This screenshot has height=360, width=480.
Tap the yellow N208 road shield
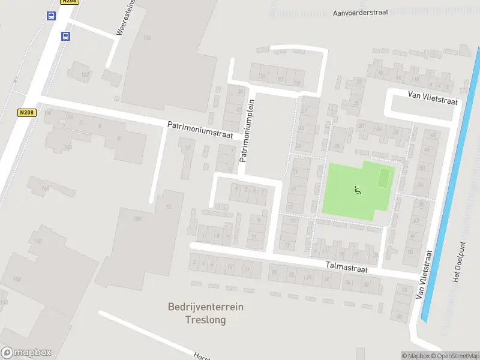coord(27,112)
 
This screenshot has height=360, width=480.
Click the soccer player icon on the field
coord(357,191)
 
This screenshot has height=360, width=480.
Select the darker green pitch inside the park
coord(384,177)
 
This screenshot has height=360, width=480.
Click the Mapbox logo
coord(26,353)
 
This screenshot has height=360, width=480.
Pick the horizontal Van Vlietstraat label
coord(433,98)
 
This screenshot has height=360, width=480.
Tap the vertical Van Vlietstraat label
coord(424,275)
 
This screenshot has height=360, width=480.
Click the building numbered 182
coord(85,74)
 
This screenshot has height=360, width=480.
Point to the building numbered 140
coord(38,241)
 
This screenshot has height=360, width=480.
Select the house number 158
coord(17,279)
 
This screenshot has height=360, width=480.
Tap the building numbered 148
coord(68,146)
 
